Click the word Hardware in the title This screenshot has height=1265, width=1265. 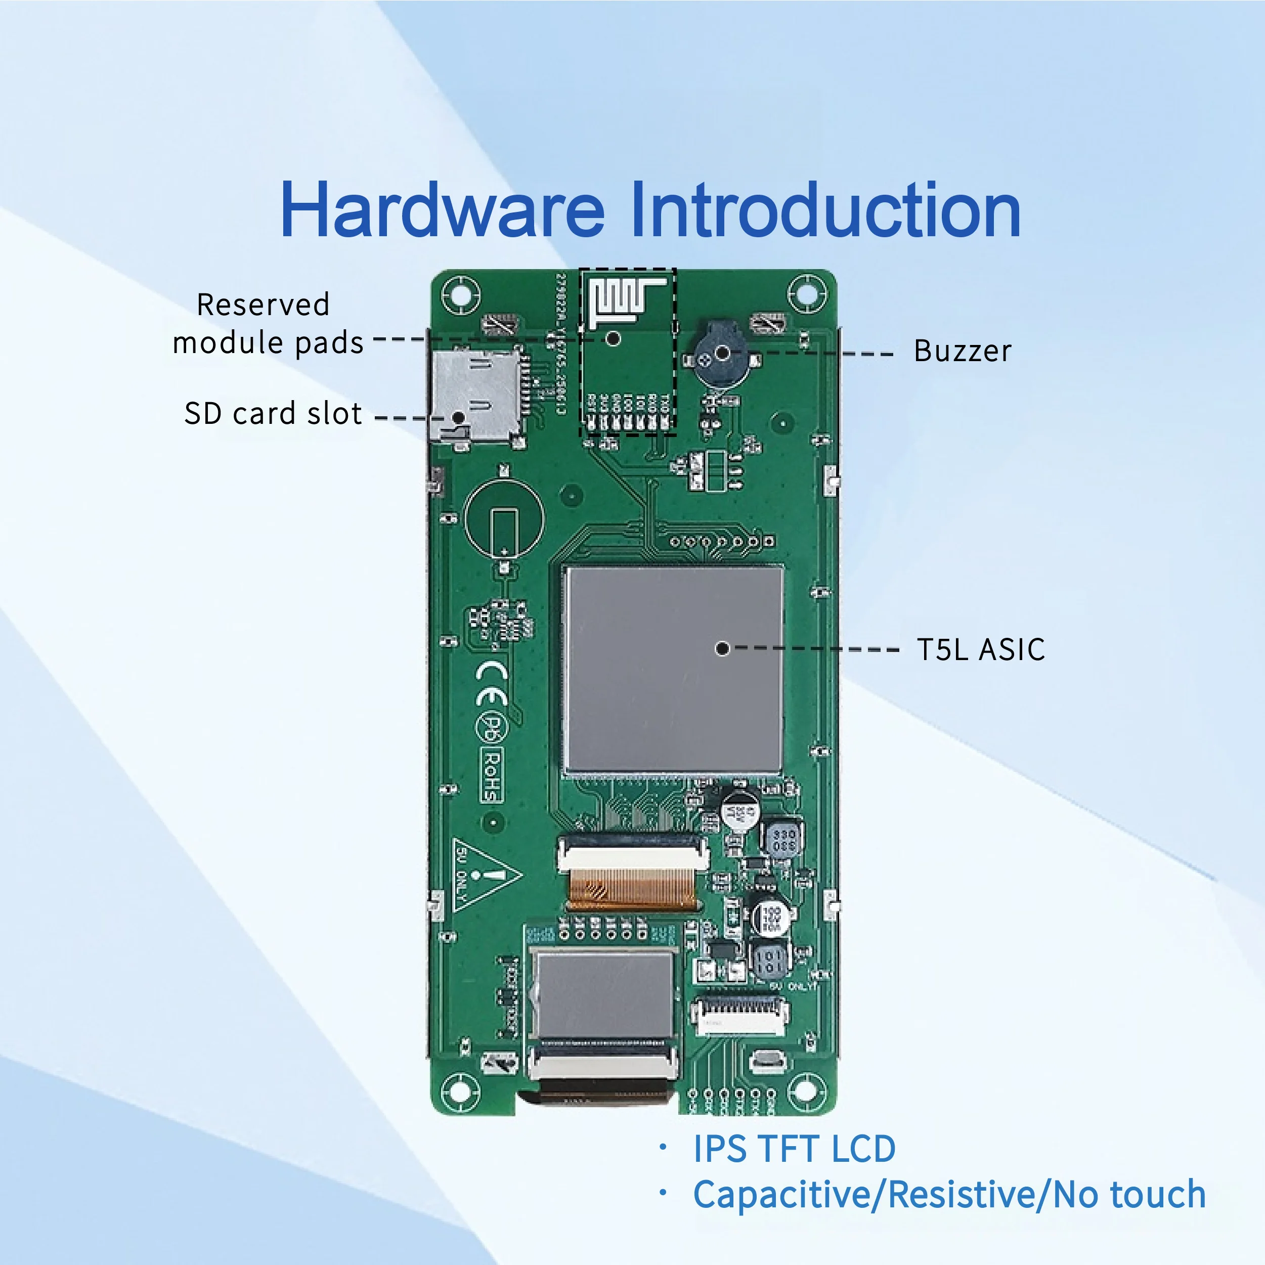point(442,209)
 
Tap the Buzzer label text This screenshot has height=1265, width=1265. point(962,352)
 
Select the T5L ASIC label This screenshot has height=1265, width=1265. point(980,649)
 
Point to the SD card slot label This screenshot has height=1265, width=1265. point(273,414)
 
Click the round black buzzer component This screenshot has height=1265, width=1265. point(720,357)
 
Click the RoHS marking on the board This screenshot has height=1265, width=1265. point(492,776)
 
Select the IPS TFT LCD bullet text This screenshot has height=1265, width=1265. point(794,1149)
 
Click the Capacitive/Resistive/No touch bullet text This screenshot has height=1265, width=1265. point(949,1194)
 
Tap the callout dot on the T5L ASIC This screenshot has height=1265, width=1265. point(722,649)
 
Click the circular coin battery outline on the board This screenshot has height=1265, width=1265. point(503,520)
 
